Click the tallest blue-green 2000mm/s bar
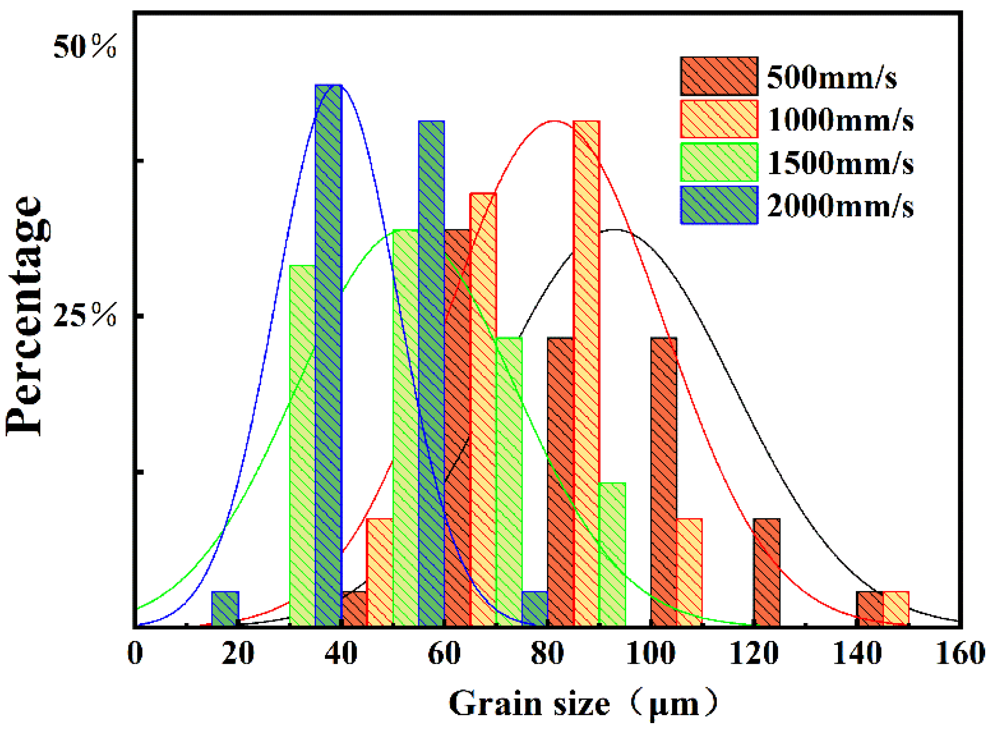click(328, 354)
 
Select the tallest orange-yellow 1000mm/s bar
click(586, 373)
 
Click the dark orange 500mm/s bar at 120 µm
click(766, 572)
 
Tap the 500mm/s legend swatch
click(719, 76)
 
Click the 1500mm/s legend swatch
click(719, 162)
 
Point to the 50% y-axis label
click(85, 47)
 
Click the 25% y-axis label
click(85, 315)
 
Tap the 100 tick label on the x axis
click(650, 654)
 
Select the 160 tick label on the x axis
click(960, 654)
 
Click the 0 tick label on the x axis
click(135, 654)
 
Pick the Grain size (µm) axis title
click(582, 703)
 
